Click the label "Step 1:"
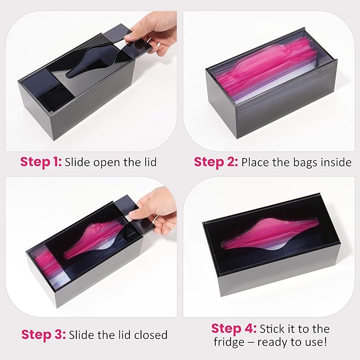pos(41,162)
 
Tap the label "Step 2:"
pos(216,162)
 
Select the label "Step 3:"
pos(43,335)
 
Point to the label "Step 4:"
pos(234,329)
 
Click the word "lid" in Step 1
pos(151,162)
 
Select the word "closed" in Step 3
pos(151,335)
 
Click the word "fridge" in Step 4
pos(229,342)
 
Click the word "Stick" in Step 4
pos(272,329)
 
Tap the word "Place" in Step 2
pos(256,162)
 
